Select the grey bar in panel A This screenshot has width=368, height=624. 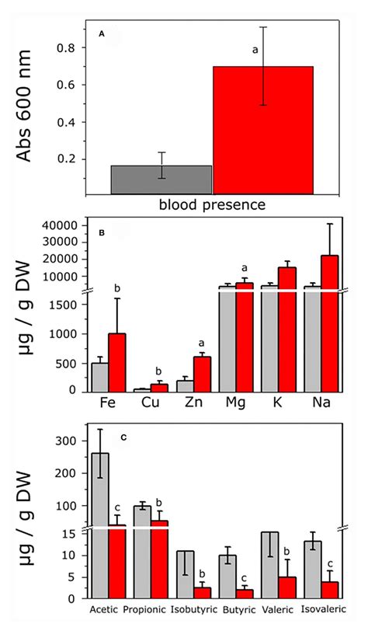(x=161, y=180)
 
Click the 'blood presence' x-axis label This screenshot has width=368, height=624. (x=212, y=205)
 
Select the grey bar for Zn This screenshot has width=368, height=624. (x=185, y=385)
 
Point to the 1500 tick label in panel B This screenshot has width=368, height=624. (x=63, y=305)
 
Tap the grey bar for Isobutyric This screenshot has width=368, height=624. (x=185, y=574)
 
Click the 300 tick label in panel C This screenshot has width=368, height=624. (x=68, y=441)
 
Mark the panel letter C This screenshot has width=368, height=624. (x=123, y=437)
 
